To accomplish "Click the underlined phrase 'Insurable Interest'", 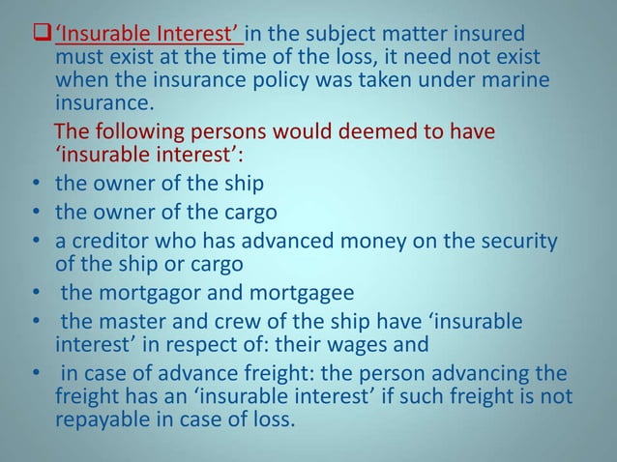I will pos(149,36).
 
